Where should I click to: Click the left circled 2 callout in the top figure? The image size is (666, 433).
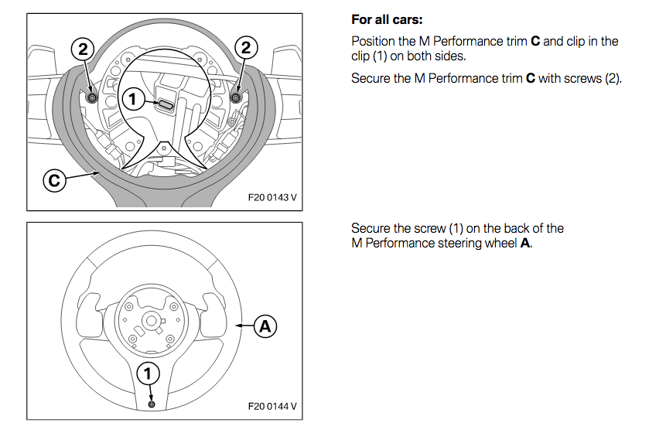click(x=83, y=48)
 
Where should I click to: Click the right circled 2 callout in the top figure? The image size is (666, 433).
click(x=246, y=48)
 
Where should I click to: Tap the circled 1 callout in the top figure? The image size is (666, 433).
click(x=133, y=98)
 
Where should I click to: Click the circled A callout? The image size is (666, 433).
click(x=265, y=326)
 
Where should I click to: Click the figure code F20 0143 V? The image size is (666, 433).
click(x=272, y=197)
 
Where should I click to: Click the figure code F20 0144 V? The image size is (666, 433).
click(x=272, y=405)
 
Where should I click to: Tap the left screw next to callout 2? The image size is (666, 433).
click(x=93, y=97)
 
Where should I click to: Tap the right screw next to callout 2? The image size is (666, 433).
click(x=236, y=97)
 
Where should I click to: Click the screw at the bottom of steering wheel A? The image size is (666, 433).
click(x=151, y=404)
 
